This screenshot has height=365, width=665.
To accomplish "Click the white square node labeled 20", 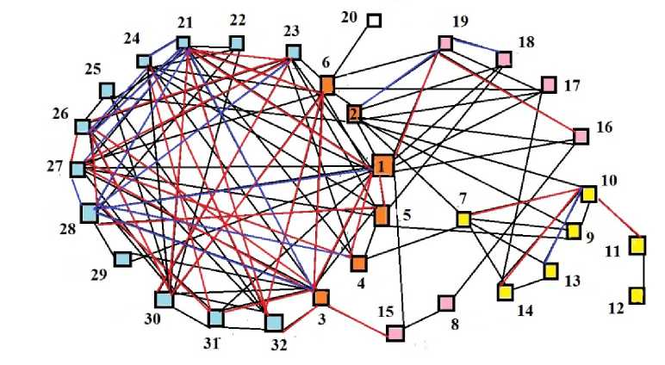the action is [374, 19].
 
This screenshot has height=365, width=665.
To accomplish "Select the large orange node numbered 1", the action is [382, 165].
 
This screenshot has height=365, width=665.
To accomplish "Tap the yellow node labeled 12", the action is [637, 296].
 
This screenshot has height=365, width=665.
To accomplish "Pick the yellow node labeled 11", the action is [637, 246].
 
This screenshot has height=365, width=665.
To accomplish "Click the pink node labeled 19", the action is [445, 42].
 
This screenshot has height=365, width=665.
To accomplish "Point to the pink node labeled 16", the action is [581, 135].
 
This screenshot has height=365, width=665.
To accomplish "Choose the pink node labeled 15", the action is [395, 331].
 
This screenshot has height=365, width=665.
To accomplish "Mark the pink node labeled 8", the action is [446, 303].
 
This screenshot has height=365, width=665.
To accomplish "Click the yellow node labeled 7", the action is [463, 220].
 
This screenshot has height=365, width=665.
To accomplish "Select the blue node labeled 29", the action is [121, 258].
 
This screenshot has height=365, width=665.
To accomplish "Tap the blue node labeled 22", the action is [236, 42].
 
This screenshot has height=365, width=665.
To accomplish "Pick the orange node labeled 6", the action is [327, 84].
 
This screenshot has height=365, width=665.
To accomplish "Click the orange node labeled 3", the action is [321, 297].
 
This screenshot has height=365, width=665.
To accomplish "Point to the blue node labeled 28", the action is [90, 212].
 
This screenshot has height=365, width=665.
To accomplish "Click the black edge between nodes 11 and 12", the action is [637, 271].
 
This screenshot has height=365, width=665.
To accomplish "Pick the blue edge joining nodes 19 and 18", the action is [475, 50].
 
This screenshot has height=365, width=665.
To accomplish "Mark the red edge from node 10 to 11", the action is [613, 215].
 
